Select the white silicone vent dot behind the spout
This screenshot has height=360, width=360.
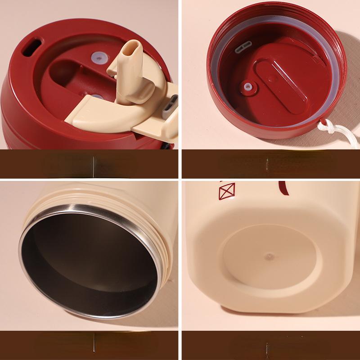tap(99, 57)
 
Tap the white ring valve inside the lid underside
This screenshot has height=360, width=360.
tap(247, 89)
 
